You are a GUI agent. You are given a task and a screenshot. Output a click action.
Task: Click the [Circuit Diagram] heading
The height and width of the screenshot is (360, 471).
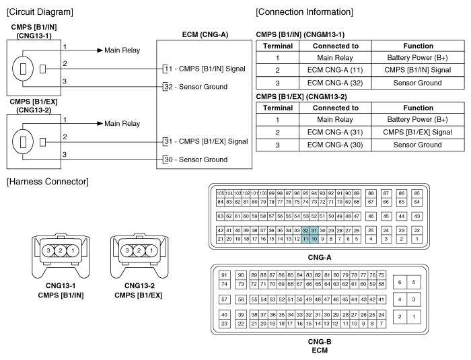40,12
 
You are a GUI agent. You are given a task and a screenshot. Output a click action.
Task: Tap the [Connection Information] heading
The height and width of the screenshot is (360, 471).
304,12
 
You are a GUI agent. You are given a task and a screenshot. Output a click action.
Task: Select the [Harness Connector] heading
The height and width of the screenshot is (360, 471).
48,182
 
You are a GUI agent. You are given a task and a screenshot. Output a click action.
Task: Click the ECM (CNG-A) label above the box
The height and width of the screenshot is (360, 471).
205,35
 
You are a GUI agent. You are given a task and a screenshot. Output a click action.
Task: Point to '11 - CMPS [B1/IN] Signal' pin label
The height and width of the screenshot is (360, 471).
205,69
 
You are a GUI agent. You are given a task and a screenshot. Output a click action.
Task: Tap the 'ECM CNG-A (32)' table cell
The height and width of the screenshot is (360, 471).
335,83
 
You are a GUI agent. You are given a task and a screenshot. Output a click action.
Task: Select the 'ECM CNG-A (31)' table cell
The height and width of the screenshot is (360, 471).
335,132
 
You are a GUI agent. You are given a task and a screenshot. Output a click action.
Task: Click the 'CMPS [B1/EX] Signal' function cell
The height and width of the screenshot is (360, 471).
418,132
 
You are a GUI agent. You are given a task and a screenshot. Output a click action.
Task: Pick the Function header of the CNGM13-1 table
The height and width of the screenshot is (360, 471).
418,46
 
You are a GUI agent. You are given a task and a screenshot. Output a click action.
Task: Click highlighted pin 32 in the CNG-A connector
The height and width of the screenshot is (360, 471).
305,231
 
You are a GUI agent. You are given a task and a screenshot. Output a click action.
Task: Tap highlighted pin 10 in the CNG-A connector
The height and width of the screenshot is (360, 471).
314,239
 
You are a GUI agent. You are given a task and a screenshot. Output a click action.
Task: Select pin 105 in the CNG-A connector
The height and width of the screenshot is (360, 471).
220,193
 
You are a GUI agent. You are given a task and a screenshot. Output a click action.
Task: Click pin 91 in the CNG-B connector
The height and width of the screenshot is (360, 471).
224,275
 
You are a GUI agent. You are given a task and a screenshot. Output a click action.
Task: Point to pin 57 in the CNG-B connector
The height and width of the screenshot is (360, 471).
224,299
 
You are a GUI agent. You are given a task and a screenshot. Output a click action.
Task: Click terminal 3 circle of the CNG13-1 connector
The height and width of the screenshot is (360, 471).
48,250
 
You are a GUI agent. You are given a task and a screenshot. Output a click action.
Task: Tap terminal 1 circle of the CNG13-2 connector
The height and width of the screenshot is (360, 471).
151,250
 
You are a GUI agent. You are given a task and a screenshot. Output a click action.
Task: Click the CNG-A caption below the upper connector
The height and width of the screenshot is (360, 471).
320,258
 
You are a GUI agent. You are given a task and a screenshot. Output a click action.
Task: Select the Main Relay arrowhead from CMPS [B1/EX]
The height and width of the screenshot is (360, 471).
100,124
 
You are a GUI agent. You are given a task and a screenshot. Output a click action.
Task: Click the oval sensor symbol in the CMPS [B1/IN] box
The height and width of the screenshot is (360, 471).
23,69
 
